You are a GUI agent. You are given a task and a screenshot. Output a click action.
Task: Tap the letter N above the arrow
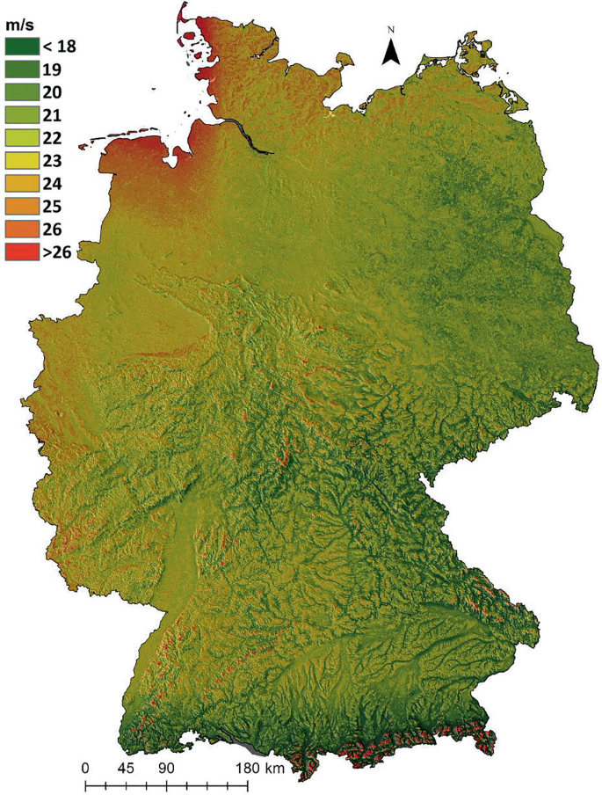tap(391, 31)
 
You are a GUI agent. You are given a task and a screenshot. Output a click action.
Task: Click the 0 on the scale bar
tap(85, 768)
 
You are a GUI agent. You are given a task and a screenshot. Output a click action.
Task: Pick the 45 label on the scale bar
tap(126, 768)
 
